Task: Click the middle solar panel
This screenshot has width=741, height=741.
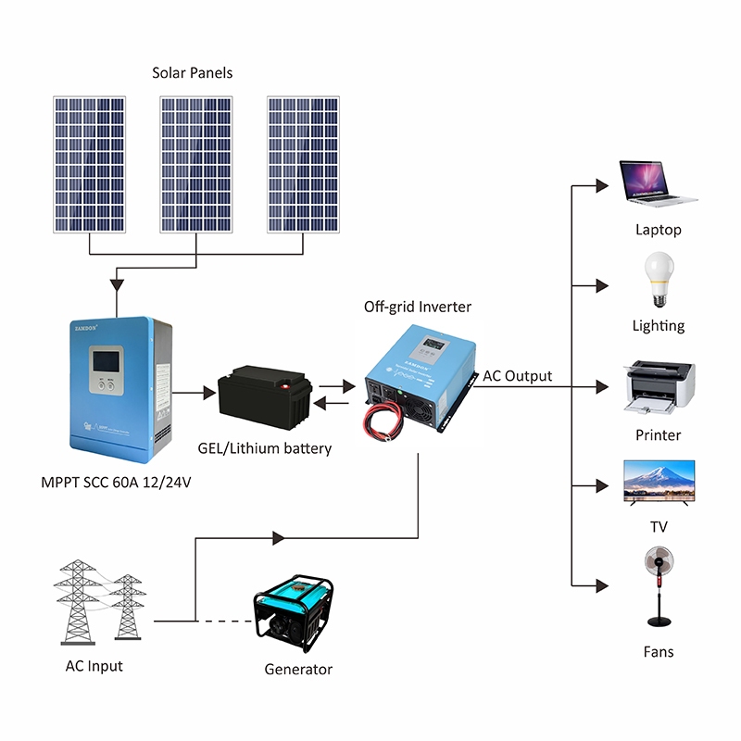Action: [x=195, y=164]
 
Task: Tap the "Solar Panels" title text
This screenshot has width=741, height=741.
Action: [x=193, y=72]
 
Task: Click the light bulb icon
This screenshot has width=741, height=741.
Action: [x=658, y=280]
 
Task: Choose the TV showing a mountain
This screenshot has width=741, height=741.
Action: [x=659, y=482]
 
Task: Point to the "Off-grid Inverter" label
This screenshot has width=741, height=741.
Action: [x=418, y=307]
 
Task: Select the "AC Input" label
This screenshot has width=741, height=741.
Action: [x=94, y=666]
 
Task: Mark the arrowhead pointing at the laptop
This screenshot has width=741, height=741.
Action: [x=603, y=185]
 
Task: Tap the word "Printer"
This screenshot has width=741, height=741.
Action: [x=658, y=434]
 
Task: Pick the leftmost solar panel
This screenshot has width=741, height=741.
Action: [x=88, y=164]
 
